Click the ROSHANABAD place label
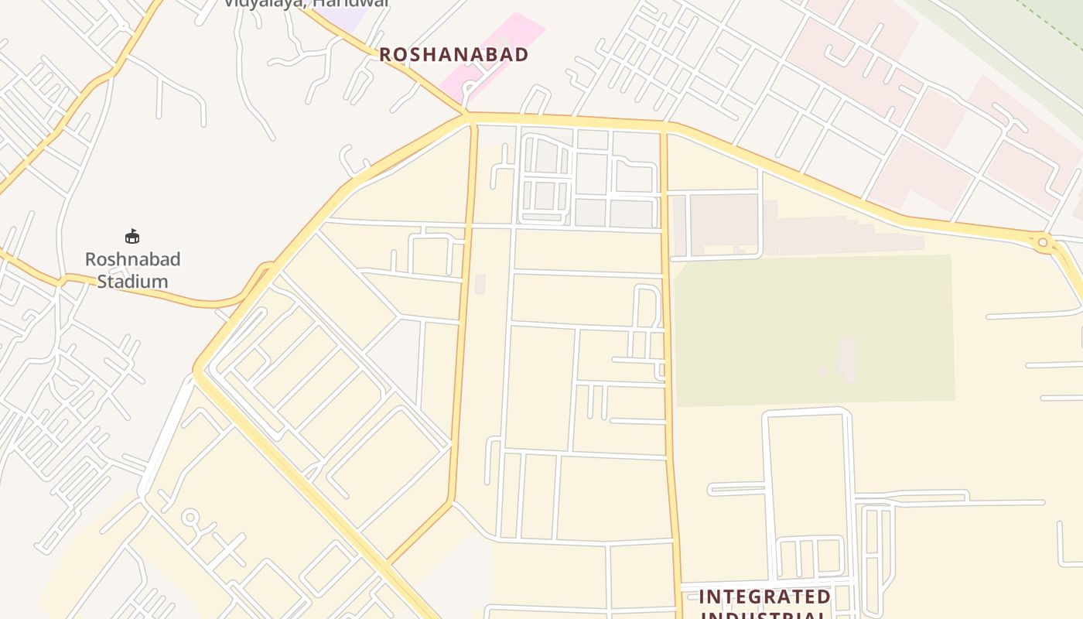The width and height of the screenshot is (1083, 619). [x=453, y=54]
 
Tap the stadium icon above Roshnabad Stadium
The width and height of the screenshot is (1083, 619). [x=132, y=236]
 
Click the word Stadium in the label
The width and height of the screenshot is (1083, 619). [x=132, y=281]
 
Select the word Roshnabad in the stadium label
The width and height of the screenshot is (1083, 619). [x=132, y=259]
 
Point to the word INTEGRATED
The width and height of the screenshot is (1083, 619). [x=764, y=597]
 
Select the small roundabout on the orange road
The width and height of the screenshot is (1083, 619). [x=1042, y=243]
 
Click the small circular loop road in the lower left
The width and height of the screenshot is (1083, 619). [x=190, y=517]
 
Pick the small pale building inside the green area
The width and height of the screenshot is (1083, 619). [x=847, y=359]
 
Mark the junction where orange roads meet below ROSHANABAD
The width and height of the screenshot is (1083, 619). [x=466, y=118]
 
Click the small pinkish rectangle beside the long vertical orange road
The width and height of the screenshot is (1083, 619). [x=480, y=284]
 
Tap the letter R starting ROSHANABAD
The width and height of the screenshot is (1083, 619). [x=385, y=54]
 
